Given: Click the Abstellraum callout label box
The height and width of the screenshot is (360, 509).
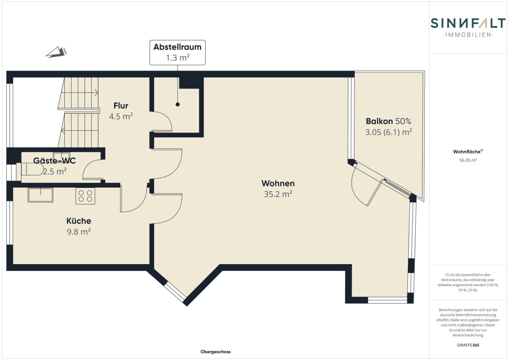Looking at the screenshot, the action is (x=177, y=53).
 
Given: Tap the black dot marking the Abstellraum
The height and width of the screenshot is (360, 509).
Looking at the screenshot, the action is (x=178, y=105).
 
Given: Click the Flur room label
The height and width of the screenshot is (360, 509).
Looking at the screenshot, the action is (x=121, y=106).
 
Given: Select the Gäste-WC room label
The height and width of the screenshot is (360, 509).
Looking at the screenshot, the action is (x=55, y=161).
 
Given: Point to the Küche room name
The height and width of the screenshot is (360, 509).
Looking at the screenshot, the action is (x=79, y=221).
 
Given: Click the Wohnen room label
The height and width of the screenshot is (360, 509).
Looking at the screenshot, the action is (x=278, y=183).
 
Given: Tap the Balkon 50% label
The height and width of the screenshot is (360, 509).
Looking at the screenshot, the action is (x=388, y=121).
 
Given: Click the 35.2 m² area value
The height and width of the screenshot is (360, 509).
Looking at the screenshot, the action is (x=278, y=194).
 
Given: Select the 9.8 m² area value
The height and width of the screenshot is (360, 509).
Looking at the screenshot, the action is (x=79, y=232).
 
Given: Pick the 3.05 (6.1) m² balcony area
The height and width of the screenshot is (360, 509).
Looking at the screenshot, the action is (x=389, y=132).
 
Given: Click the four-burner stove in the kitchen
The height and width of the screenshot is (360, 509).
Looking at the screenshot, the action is (x=85, y=196).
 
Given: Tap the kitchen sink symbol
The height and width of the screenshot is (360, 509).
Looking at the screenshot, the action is (x=40, y=195).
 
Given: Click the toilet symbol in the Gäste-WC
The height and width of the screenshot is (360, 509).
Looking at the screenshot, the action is (x=32, y=170).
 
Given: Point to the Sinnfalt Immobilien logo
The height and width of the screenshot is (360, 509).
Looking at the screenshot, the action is (x=468, y=27).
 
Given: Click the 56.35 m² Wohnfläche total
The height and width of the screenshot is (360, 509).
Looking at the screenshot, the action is (x=468, y=160).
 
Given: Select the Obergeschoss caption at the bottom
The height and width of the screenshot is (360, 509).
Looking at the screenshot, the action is (x=215, y=352).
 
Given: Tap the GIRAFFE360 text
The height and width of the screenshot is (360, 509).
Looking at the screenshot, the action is (x=468, y=345).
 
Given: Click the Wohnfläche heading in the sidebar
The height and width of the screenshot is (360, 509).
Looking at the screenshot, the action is (x=468, y=151).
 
